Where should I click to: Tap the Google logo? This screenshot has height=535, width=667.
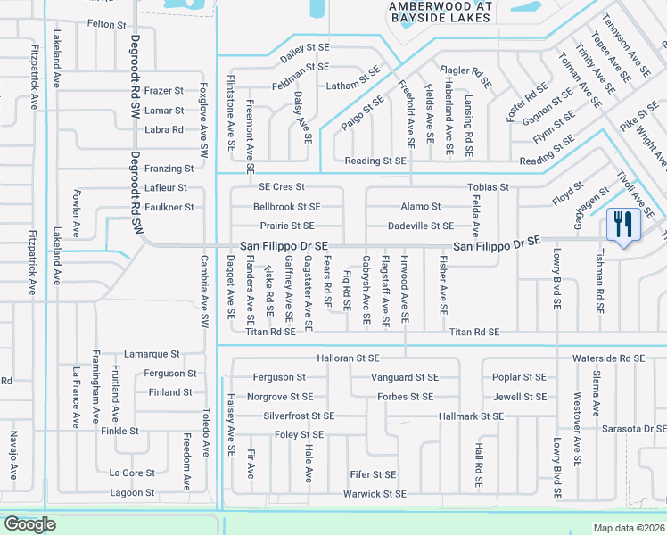coord(29,524)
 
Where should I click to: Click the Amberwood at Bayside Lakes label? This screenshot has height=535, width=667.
coord(429,11)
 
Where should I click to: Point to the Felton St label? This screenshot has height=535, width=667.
coord(106,24)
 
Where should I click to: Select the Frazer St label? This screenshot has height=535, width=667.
coord(163,91)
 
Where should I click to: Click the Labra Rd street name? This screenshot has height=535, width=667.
coord(163,130)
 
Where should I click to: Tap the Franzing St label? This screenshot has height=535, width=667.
coord(169,169)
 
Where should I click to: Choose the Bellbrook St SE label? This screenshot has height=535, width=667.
coord(286,207)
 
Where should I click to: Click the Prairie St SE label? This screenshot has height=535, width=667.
coord(287,226)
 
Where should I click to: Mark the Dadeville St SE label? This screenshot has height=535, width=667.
coord(421,226)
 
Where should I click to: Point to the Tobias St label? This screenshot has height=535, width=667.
coord(488,187)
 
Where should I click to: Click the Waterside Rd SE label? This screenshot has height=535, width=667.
coord(609,358)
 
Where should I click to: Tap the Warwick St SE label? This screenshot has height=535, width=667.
coord(375,494)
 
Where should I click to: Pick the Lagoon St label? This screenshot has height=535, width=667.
coord(132,493)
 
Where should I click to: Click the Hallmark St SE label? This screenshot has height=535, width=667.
coord(472,416)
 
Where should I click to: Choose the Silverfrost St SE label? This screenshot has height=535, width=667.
coord(299,416)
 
